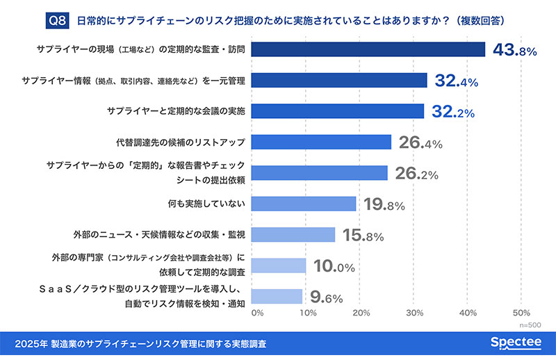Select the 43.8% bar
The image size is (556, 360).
(368, 49)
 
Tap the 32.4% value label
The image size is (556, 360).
(457, 81)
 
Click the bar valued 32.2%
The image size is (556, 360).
(337, 111)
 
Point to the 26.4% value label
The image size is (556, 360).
(420, 142)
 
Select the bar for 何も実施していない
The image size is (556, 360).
(303, 204)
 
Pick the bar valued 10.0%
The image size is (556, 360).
(278, 265)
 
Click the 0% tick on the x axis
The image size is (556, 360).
(256, 313)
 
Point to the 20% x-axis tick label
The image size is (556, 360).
(360, 313)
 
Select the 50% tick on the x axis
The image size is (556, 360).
(521, 313)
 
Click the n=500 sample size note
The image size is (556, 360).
(530, 325)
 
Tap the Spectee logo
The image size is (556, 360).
(515, 343)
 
